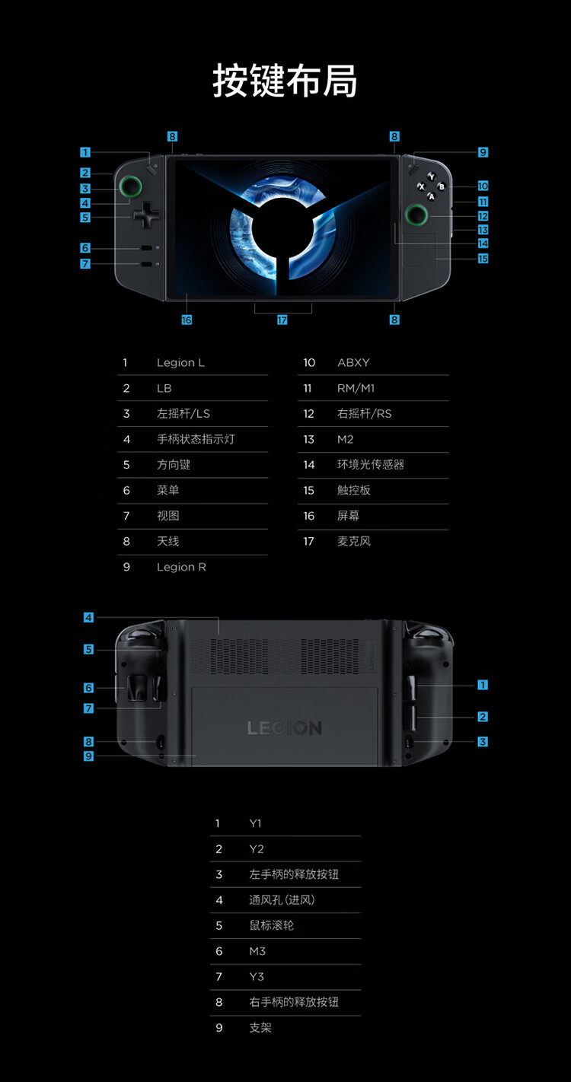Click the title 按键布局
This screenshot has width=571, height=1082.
[285, 81]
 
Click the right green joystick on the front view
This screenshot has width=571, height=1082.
[416, 215]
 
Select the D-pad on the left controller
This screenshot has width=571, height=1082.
[146, 215]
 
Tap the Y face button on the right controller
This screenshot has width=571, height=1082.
[431, 177]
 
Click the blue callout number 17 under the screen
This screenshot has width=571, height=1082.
[282, 320]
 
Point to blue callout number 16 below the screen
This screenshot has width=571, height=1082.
[187, 320]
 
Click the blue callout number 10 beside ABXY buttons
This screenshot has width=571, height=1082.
[483, 186]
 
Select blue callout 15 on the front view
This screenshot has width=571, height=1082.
[483, 259]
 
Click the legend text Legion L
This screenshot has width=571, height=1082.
[180, 363]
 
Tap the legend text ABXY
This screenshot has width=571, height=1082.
[353, 363]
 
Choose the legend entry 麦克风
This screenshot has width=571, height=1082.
[354, 542]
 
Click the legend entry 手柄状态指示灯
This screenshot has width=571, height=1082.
[196, 440]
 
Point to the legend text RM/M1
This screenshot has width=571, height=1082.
[356, 389]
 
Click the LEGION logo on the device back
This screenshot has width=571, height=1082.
[285, 728]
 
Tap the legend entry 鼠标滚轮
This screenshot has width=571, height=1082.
[271, 926]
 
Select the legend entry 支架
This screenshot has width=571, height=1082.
[260, 1028]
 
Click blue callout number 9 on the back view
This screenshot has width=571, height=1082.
[89, 756]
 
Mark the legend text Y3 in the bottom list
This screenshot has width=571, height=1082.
[257, 977]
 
